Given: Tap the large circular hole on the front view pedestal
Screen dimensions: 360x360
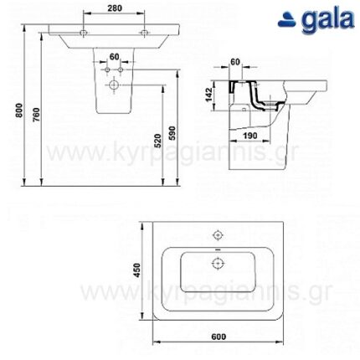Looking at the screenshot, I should [115, 85].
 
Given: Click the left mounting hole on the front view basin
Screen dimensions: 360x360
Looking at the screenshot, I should [84, 33].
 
